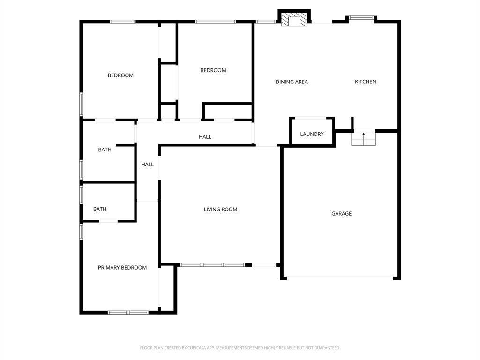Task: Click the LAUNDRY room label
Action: tap(312, 134)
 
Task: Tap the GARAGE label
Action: tap(341, 214)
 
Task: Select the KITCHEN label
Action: tap(365, 82)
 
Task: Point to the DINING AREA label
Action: tap(292, 82)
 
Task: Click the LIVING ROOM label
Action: tap(220, 210)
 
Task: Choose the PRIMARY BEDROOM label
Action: tap(122, 268)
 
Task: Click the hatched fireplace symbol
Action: tap(294, 19)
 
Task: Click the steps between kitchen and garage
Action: tap(363, 137)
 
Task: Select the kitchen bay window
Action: tap(361, 18)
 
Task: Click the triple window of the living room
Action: tap(212, 265)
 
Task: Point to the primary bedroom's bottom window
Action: tap(128, 313)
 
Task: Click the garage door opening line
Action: tap(340, 277)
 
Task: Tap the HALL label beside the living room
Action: tap(147, 165)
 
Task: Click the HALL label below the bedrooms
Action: tap(205, 137)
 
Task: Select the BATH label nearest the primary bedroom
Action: tap(100, 209)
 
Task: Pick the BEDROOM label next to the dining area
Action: tap(213, 70)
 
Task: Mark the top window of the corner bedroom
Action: tap(122, 22)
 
